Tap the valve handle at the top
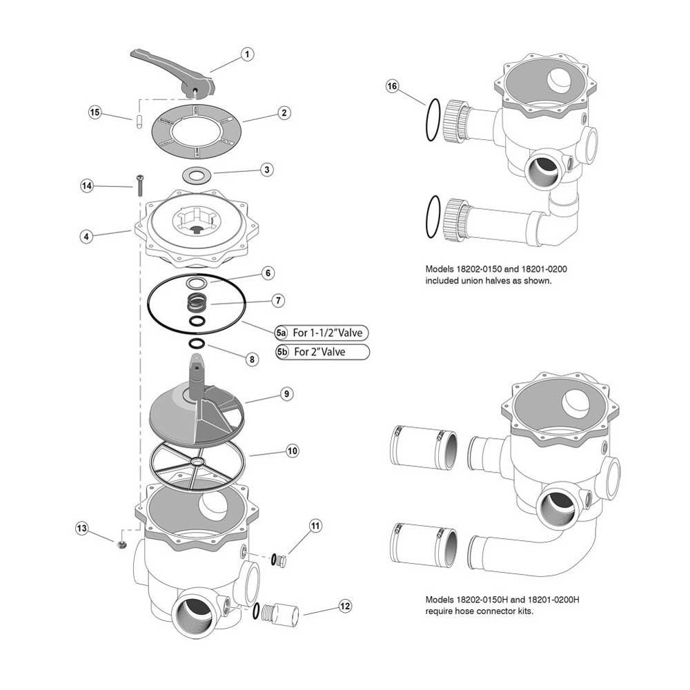[172, 69]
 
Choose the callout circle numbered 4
[86, 235]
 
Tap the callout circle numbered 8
[251, 358]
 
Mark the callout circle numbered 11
[315, 526]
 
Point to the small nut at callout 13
[122, 544]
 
